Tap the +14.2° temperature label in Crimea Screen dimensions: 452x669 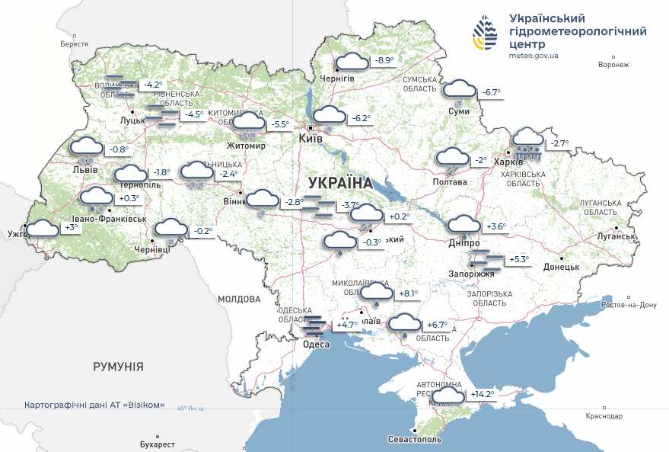click(483, 394)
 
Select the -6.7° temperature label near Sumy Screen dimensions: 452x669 click(489, 92)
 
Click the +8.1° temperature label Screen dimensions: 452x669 click(409, 293)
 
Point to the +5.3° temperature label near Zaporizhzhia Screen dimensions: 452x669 click(519, 259)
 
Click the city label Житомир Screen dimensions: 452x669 click(247, 146)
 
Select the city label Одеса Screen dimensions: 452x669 click(316, 345)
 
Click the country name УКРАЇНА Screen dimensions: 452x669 click(340, 184)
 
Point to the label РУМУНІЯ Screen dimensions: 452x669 click(118, 367)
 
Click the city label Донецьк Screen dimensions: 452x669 click(561, 268)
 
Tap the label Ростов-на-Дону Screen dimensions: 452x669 click(628, 305)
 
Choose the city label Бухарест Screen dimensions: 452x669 click(158, 444)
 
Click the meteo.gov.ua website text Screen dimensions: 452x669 click(534, 56)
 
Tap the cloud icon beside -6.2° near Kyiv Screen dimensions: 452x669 click(330, 117)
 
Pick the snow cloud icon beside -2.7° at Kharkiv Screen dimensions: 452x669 click(527, 142)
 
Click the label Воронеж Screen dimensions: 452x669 click(613, 65)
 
